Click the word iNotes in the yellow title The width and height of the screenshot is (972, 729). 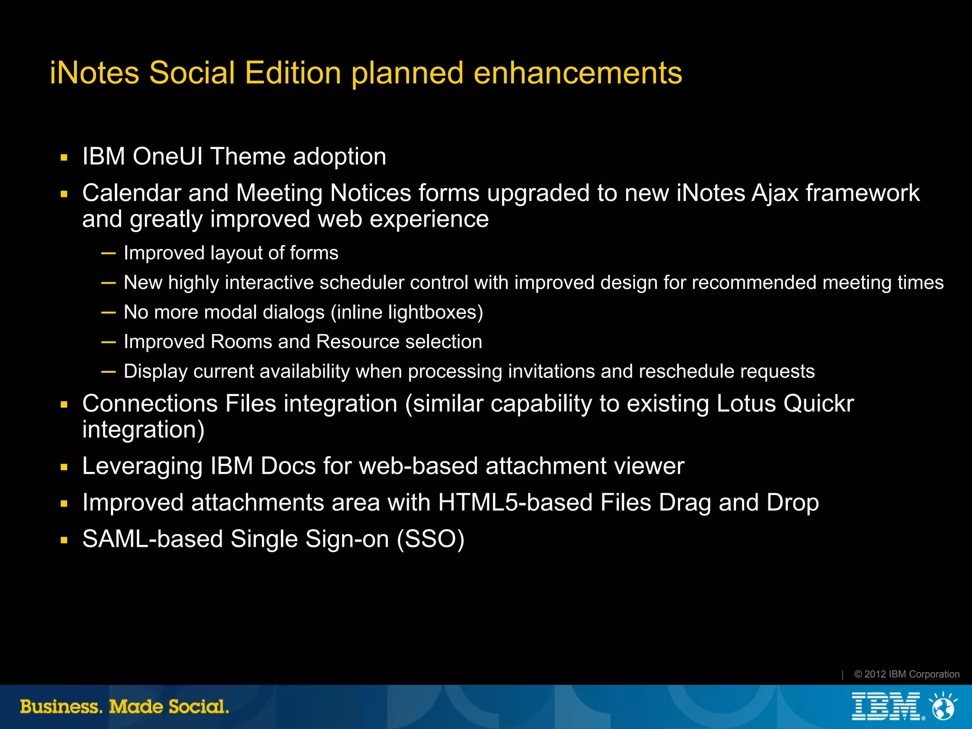[94, 74]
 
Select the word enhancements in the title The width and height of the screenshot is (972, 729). [578, 74]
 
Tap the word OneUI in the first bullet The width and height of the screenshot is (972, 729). [168, 157]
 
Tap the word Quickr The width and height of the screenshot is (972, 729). [818, 404]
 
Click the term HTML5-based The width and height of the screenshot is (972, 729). [515, 503]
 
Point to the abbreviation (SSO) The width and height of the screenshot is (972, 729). [430, 539]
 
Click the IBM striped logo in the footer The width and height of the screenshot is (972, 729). [886, 707]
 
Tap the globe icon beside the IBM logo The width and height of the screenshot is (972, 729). [943, 707]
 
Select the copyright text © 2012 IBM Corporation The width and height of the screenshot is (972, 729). [907, 674]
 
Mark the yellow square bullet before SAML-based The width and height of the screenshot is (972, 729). [64, 540]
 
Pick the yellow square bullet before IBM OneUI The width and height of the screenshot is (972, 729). [64, 157]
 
